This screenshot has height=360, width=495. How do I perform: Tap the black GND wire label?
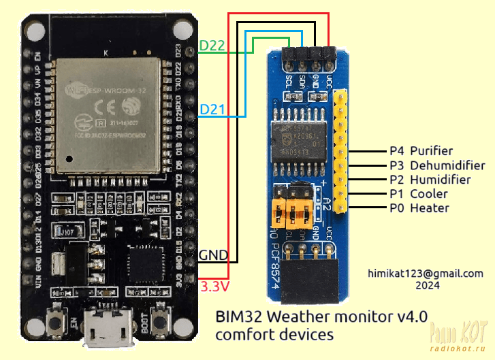(x=210, y=257)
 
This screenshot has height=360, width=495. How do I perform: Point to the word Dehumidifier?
(x=447, y=165)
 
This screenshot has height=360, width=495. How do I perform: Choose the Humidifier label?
(x=440, y=180)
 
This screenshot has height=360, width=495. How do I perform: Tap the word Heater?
(x=429, y=208)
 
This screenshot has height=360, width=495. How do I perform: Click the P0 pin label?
(x=397, y=208)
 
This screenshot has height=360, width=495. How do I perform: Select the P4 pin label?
(x=397, y=151)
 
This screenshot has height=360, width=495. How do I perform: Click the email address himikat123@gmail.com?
(x=425, y=273)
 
